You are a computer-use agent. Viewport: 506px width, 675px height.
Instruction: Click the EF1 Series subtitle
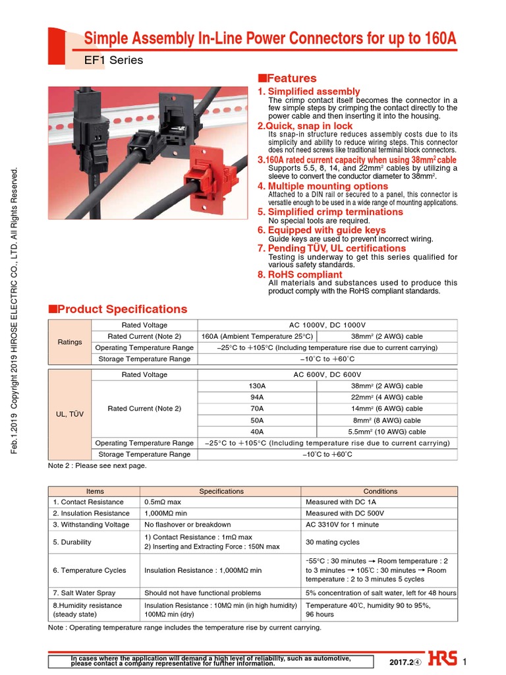click(113, 61)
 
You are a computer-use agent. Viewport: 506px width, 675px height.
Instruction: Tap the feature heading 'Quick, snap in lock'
click(305, 126)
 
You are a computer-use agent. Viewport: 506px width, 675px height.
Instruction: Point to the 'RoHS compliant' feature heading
click(300, 274)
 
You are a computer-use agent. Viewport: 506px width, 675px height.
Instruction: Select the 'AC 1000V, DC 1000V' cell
click(327, 325)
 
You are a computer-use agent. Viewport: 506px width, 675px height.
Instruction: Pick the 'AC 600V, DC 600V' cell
click(327, 374)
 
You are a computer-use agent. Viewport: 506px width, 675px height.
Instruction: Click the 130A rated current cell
click(257, 386)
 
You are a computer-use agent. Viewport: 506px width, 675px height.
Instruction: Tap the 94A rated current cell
click(257, 397)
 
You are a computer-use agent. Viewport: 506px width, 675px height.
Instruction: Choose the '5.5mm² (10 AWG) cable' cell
click(387, 432)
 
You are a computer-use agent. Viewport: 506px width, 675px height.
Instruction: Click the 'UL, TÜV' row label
click(70, 414)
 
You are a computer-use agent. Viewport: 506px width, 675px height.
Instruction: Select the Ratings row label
click(70, 342)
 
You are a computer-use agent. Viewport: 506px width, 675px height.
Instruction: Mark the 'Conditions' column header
click(380, 491)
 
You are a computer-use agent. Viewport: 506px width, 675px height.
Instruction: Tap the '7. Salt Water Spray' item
click(84, 593)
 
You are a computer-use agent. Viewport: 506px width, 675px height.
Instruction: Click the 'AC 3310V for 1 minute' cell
click(342, 525)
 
